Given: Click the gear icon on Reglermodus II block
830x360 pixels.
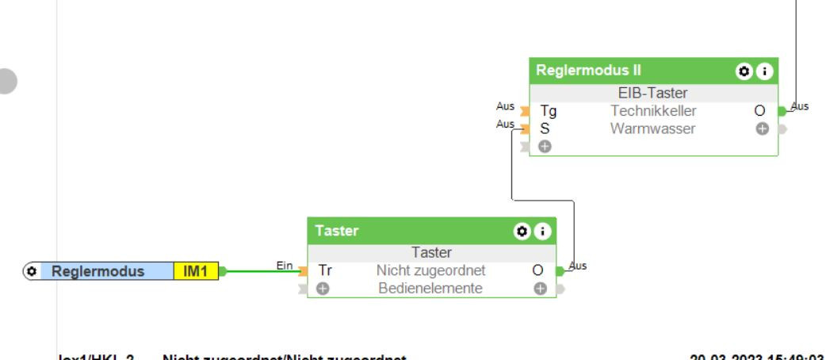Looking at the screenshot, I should [744, 71].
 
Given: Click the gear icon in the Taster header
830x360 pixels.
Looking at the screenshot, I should [521, 232].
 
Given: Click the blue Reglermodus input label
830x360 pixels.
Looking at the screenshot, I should [98, 271].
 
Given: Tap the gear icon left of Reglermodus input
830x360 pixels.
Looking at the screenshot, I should [33, 271].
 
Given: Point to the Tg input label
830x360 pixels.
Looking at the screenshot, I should [549, 112].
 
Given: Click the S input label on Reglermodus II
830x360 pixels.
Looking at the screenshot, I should [545, 128].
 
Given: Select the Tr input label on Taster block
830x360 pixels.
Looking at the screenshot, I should [325, 270].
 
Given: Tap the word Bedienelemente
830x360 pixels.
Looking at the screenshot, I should [430, 288].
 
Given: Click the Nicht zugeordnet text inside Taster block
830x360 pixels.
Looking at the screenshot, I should [430, 270].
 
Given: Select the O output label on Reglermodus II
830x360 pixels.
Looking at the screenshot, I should [759, 112].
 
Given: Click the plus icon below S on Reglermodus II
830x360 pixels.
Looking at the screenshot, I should [545, 146].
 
